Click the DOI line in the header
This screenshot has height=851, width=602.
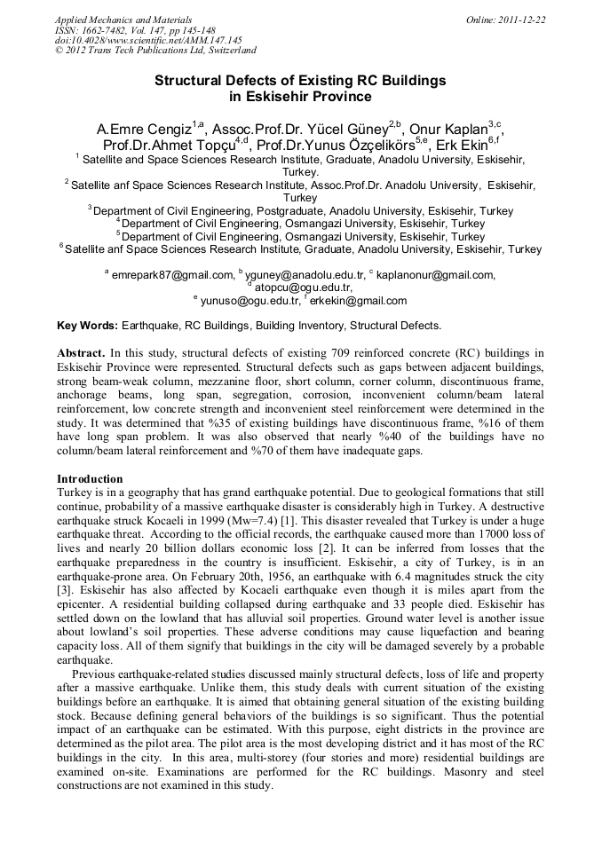[148, 41]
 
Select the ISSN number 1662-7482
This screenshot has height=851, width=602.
[111, 30]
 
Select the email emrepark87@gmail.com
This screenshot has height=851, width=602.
[172, 275]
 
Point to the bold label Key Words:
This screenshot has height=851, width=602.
[87, 326]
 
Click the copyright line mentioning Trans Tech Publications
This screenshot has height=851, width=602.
[155, 51]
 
